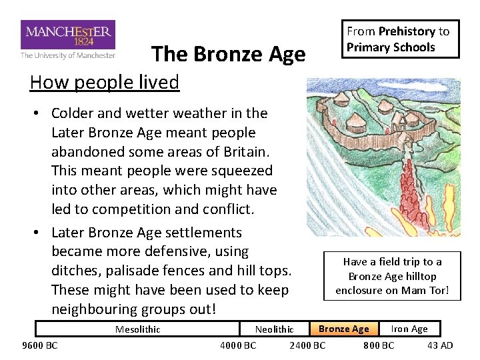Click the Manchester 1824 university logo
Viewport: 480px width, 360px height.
coord(68,39)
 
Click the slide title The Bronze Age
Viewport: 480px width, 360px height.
coord(228,55)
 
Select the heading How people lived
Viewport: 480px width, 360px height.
coord(105,82)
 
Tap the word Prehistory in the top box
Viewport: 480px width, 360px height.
coord(407,31)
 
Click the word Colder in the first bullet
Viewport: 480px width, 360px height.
coord(73,113)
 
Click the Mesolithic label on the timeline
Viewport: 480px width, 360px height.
coord(137,329)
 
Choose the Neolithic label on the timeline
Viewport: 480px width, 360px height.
coord(274,329)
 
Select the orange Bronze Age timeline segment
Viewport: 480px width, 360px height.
coord(343,329)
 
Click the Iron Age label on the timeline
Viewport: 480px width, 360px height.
coord(409,329)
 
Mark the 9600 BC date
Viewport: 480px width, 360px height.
coord(40,345)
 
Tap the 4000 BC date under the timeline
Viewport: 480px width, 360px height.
coord(238,345)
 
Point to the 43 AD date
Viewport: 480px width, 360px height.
coord(439,345)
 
